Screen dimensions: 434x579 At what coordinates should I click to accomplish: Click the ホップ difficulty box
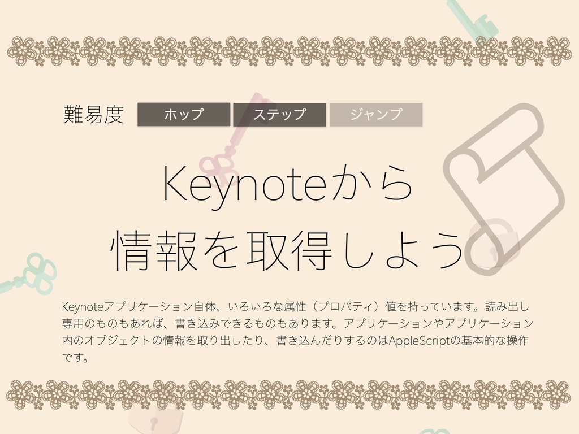[184, 115]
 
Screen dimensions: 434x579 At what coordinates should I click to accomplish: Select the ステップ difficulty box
[279, 115]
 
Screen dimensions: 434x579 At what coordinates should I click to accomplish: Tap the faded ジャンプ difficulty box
[376, 115]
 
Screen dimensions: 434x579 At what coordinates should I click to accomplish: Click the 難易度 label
[94, 115]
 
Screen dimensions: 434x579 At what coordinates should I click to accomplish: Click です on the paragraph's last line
[72, 358]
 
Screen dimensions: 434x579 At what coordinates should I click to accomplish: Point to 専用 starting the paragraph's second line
[72, 324]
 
